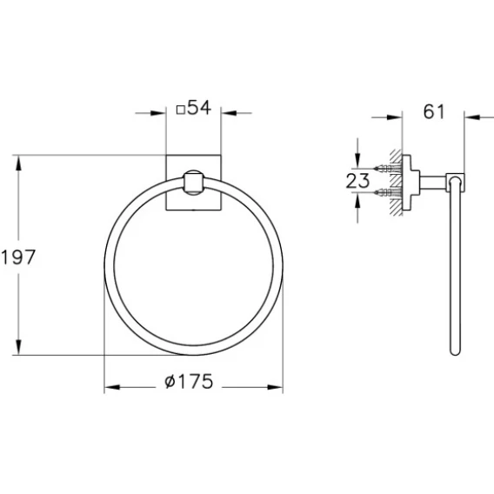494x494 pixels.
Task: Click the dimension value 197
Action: click(x=18, y=257)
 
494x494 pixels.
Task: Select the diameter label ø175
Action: click(x=189, y=381)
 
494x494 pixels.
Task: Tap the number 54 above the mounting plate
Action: click(x=199, y=108)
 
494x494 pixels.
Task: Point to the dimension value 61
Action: click(x=433, y=111)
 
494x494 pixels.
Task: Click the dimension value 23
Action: click(x=357, y=181)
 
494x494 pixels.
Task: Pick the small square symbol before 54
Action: click(x=181, y=110)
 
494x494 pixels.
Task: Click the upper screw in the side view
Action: click(x=388, y=169)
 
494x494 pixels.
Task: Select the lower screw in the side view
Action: click(x=388, y=192)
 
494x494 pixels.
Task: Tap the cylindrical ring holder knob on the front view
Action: click(x=194, y=183)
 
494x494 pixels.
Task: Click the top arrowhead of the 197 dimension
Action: click(x=18, y=164)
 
